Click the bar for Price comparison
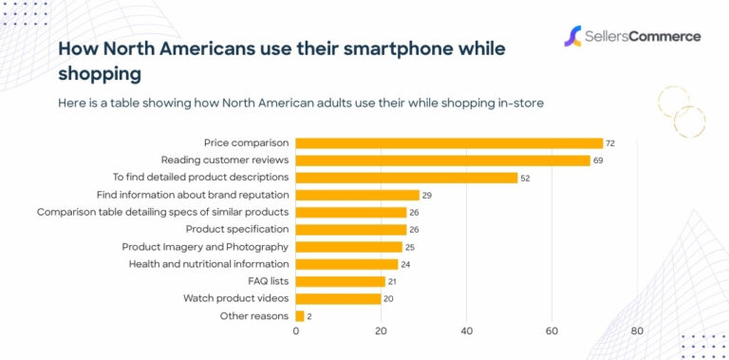[x=449, y=143]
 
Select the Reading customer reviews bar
[x=442, y=161]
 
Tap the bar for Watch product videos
[x=338, y=298]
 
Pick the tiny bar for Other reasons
[x=300, y=315]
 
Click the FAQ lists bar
[x=341, y=281]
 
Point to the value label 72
[x=610, y=143]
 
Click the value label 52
[x=525, y=178]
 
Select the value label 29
[x=427, y=195]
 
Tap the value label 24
[x=405, y=264]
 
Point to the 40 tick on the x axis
[x=466, y=332]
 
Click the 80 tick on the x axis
[x=637, y=332]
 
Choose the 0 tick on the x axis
[x=296, y=332]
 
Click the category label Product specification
[x=236, y=229]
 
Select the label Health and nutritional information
[x=208, y=264]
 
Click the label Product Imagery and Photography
[x=204, y=247]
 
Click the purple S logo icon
[x=572, y=37]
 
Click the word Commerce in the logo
[x=664, y=37]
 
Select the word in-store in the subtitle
[x=518, y=103]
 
